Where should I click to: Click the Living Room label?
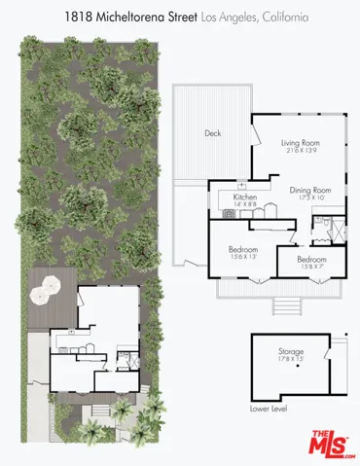[x=301, y=142]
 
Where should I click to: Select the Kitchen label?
[x=244, y=197]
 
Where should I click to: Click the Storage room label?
[x=291, y=350]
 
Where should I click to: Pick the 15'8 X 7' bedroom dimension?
[x=312, y=267]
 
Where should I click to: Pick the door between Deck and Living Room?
[x=252, y=131]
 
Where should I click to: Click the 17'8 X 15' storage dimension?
[x=291, y=359]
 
